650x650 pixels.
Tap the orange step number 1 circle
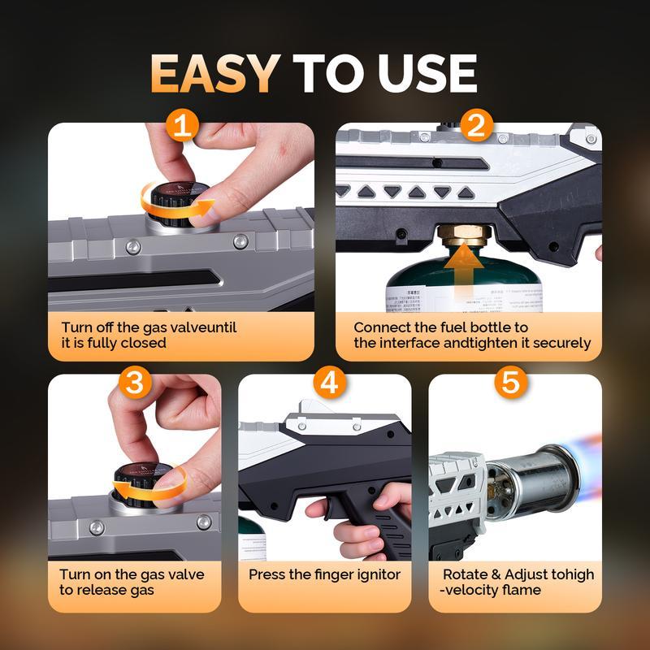pyautogui.click(x=184, y=127)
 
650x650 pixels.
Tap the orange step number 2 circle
pyautogui.click(x=476, y=127)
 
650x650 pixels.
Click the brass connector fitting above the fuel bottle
pyautogui.click(x=462, y=237)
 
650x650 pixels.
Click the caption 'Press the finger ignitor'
pyautogui.click(x=324, y=574)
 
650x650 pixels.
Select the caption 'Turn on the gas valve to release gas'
pyautogui.click(x=132, y=582)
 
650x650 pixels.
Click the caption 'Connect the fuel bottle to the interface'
pyautogui.click(x=471, y=336)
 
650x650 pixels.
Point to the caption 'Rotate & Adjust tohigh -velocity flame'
pyautogui.click(x=518, y=582)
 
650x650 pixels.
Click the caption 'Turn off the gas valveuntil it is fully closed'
pyautogui.click(x=148, y=336)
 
